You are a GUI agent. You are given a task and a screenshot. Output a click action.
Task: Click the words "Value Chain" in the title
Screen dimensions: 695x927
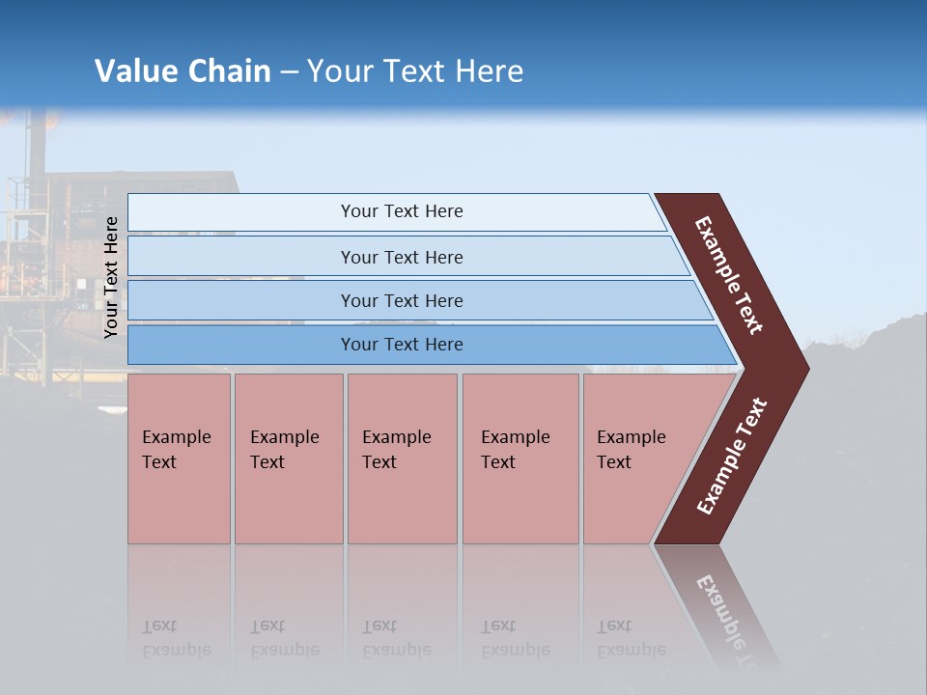(x=183, y=71)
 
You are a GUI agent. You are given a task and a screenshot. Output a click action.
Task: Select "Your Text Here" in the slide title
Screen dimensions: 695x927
(x=415, y=71)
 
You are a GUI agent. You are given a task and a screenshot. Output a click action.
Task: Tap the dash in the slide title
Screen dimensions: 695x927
(x=289, y=72)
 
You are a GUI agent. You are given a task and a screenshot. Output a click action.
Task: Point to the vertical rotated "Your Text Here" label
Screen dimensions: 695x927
(x=111, y=278)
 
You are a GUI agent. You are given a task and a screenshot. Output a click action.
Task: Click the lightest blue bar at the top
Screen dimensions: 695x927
(x=401, y=211)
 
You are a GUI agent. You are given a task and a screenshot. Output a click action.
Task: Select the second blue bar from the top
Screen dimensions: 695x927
(x=401, y=257)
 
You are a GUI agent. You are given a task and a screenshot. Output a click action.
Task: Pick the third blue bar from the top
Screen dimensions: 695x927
(x=401, y=300)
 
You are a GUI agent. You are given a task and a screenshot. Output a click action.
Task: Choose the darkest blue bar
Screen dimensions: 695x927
(x=401, y=345)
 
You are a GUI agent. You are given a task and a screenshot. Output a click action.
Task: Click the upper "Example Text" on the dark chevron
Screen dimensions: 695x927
(x=729, y=275)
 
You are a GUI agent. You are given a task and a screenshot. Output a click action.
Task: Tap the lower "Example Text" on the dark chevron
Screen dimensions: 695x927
(x=732, y=456)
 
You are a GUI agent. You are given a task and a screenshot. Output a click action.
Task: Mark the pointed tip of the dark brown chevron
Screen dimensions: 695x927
(x=806, y=368)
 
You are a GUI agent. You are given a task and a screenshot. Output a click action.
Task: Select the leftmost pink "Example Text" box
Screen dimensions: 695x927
(x=179, y=459)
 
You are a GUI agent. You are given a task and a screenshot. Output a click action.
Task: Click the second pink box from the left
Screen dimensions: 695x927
(x=288, y=459)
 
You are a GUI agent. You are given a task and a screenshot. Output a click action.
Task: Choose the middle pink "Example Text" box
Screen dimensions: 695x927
(x=402, y=459)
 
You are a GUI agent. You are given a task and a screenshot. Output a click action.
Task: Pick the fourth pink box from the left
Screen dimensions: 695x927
(x=520, y=459)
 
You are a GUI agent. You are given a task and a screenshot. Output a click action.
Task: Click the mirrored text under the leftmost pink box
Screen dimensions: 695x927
(x=176, y=638)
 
